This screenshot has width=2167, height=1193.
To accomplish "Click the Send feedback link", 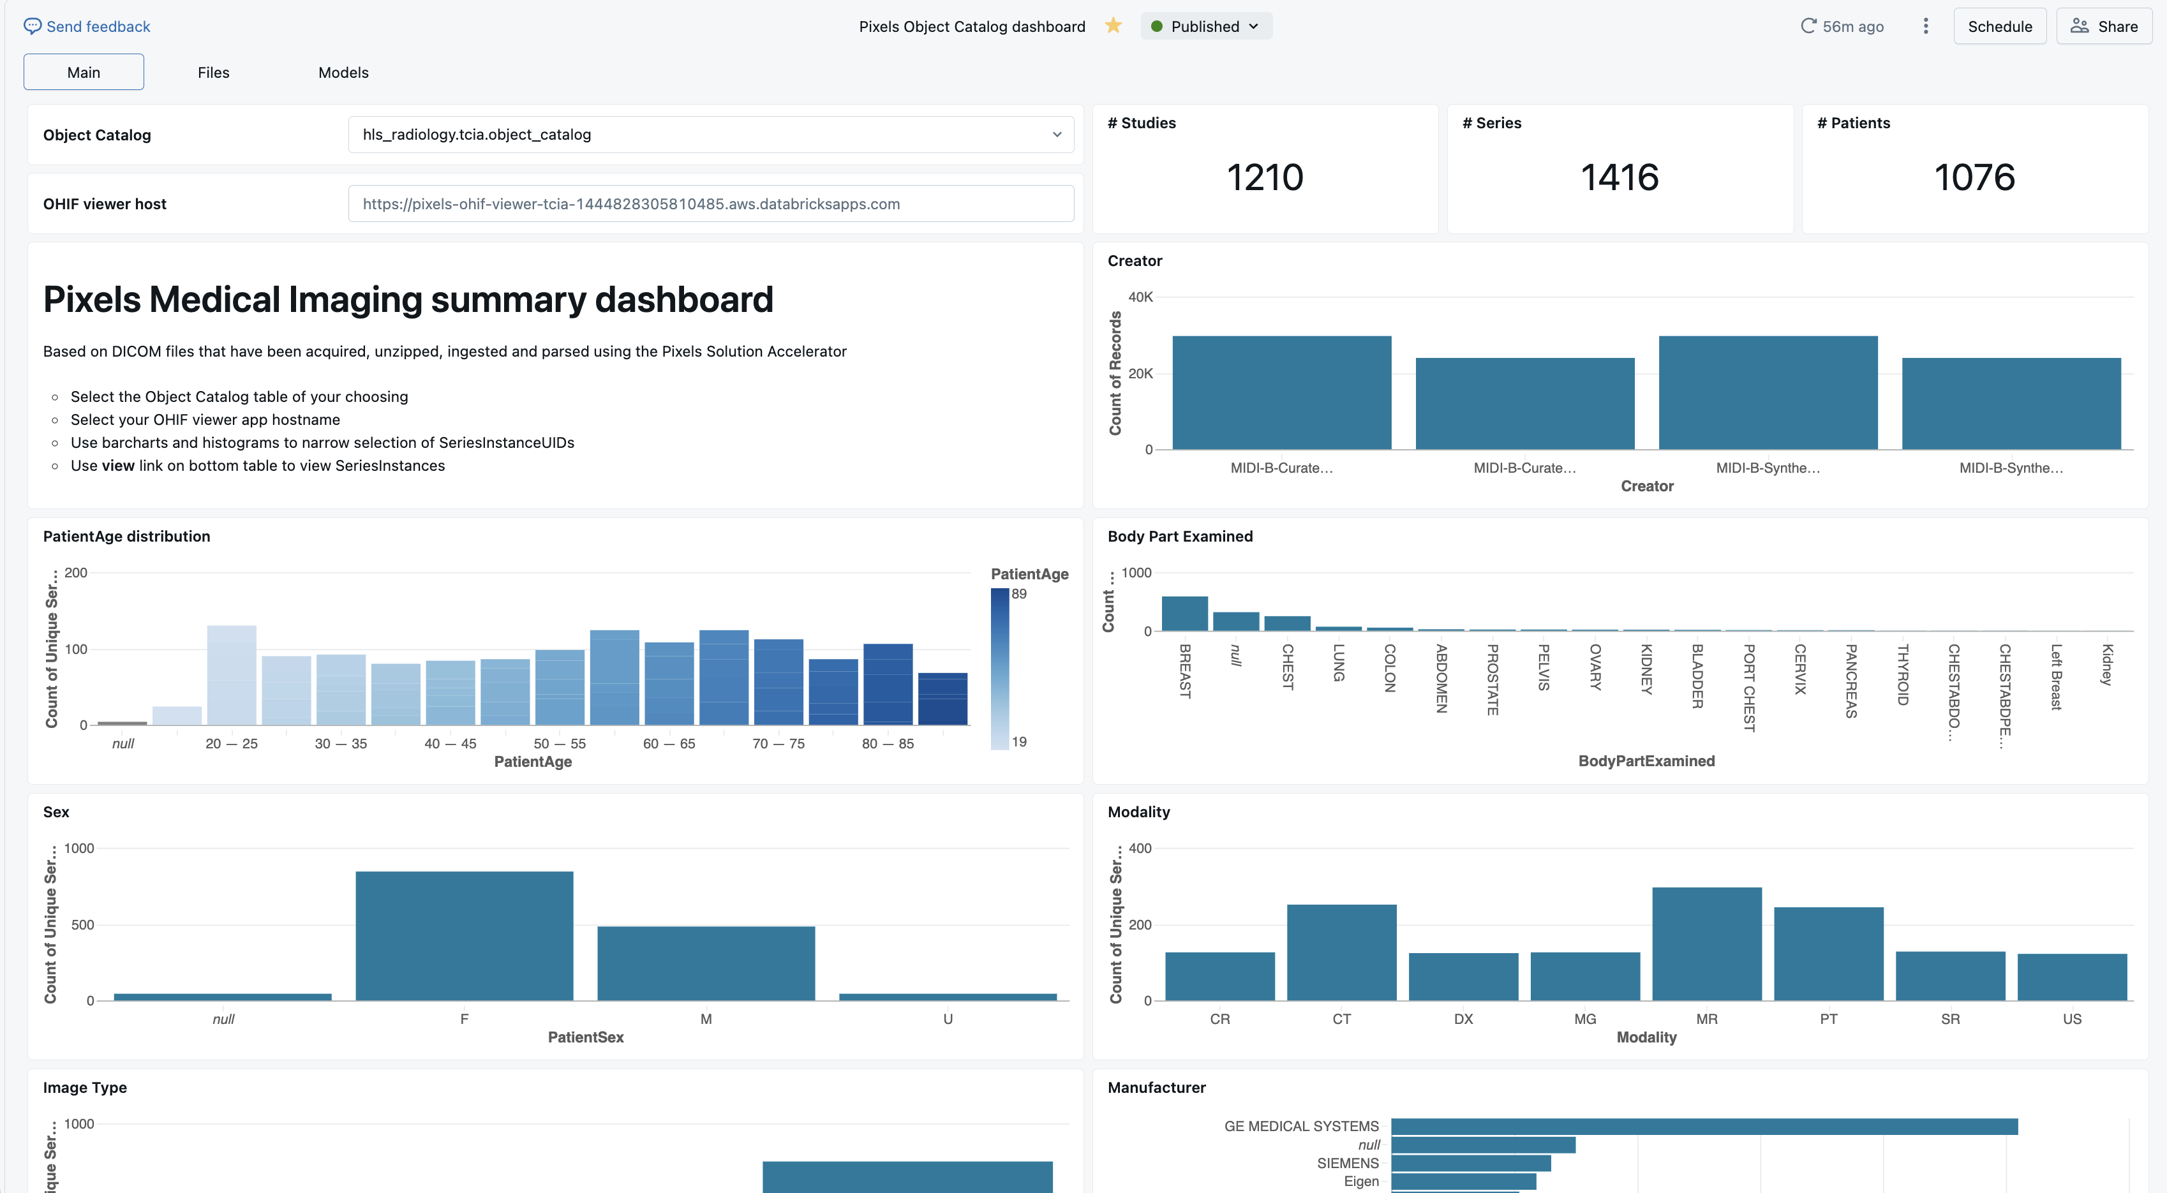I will coord(87,26).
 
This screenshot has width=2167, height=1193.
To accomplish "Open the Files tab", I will coord(213,72).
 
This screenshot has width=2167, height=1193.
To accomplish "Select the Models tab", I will coord(343,72).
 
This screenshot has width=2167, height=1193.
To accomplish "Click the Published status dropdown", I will coord(1205,26).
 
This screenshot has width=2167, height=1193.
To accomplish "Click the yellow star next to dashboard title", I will coord(1113,26).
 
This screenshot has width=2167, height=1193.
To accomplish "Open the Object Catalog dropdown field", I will coord(711,135).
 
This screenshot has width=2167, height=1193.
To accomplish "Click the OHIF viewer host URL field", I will coord(711,204).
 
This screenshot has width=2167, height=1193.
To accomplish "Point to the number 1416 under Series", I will coord(1620,177).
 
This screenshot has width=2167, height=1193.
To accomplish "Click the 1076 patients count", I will coord(1974,177).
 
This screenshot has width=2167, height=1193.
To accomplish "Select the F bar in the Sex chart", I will coord(465,935).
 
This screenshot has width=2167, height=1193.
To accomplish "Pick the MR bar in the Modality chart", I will coord(1706,944).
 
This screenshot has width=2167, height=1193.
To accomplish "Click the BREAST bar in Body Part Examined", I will coord(1184,613).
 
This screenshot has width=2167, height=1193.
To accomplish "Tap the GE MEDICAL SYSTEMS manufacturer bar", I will coord(1704,1125).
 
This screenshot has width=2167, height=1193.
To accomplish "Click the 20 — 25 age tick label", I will coord(232,744).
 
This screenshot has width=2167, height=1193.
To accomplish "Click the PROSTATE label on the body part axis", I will coord(1491,679).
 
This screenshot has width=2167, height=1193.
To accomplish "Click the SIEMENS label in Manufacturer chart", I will coord(1347,1163).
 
